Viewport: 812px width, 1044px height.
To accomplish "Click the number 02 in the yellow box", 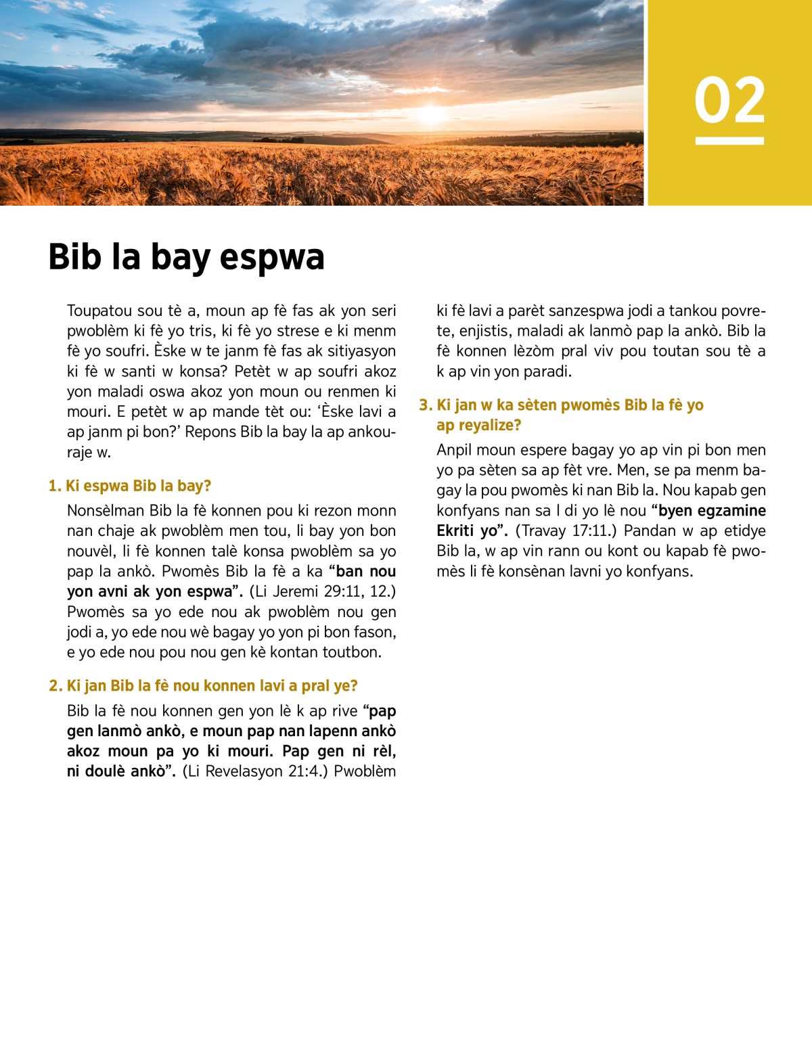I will (729, 101).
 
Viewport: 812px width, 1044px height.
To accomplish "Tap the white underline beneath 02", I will (729, 141).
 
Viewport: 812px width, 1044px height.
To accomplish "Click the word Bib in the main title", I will (74, 258).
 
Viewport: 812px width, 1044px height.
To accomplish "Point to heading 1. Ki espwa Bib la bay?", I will (130, 486).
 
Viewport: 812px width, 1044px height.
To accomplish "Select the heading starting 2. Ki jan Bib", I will (203, 685).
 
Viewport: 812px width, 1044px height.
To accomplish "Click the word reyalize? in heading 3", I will (479, 425).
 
